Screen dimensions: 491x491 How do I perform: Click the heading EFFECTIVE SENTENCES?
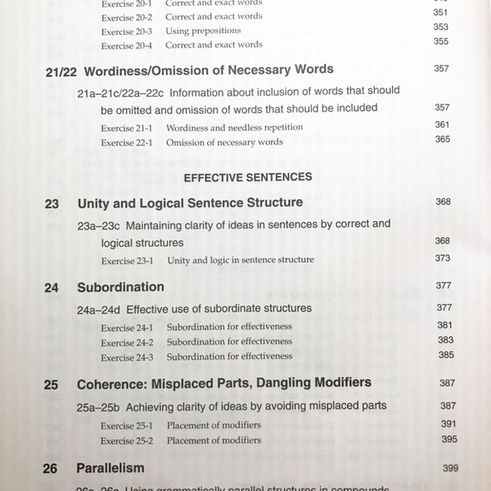coord(247,177)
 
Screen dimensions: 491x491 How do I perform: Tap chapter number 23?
coord(52,204)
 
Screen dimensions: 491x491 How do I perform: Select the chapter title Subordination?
coord(120,288)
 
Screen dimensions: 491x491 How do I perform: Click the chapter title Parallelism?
coord(110,468)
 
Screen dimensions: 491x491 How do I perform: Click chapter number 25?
coord(52,384)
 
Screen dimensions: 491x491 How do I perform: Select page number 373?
coord(443,258)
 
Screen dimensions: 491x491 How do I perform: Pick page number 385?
coord(445,355)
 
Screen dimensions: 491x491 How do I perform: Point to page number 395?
coord(448,439)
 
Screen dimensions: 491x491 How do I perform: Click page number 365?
coord(443,139)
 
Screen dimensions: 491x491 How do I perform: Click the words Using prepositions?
coord(203,30)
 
